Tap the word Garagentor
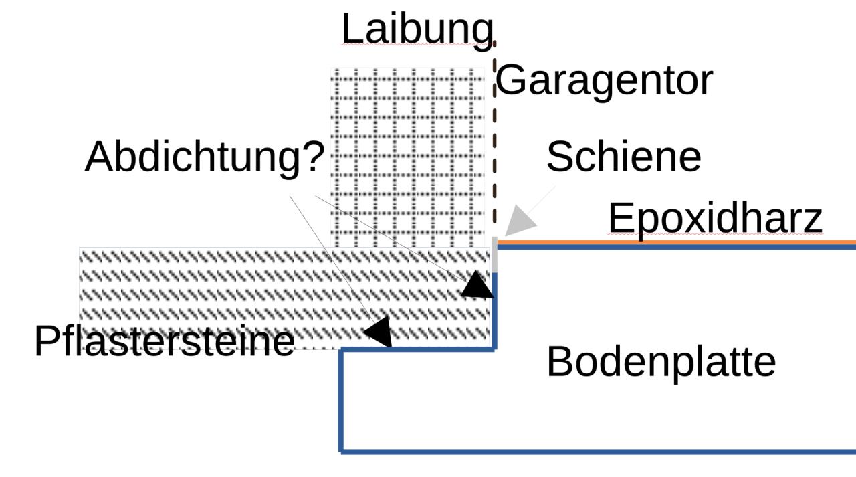pyautogui.click(x=604, y=81)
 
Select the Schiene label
pyautogui.click(x=623, y=157)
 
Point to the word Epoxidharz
pyautogui.click(x=715, y=219)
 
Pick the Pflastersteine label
pyautogui.click(x=164, y=341)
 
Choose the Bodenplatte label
pyautogui.click(x=661, y=362)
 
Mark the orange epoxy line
pyautogui.click(x=675, y=242)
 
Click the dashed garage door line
pyautogui.click(x=495, y=134)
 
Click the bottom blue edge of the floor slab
pyautogui.click(x=595, y=452)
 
